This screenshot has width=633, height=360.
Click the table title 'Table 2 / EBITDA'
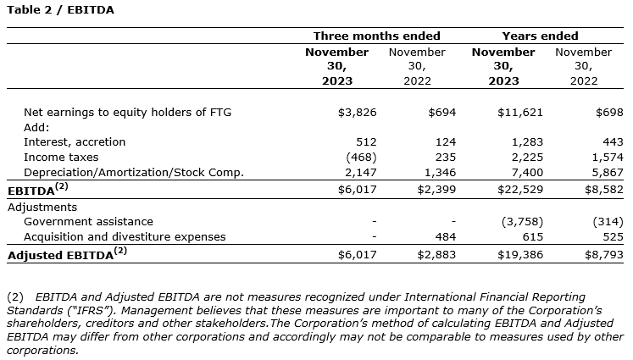point(59,10)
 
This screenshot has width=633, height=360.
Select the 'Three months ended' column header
point(376,36)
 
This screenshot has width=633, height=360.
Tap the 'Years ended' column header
point(540,36)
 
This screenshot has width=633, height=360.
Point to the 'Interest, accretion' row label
point(75,141)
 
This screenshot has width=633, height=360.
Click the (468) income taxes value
point(358,157)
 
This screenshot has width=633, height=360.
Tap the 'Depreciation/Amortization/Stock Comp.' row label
point(134,172)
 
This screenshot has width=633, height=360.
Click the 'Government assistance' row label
point(88,221)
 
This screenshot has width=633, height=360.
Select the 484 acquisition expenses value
point(445,236)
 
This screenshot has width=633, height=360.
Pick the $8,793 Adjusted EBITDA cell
point(603,253)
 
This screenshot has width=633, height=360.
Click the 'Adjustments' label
point(42,207)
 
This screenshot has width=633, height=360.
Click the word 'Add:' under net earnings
point(36,127)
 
